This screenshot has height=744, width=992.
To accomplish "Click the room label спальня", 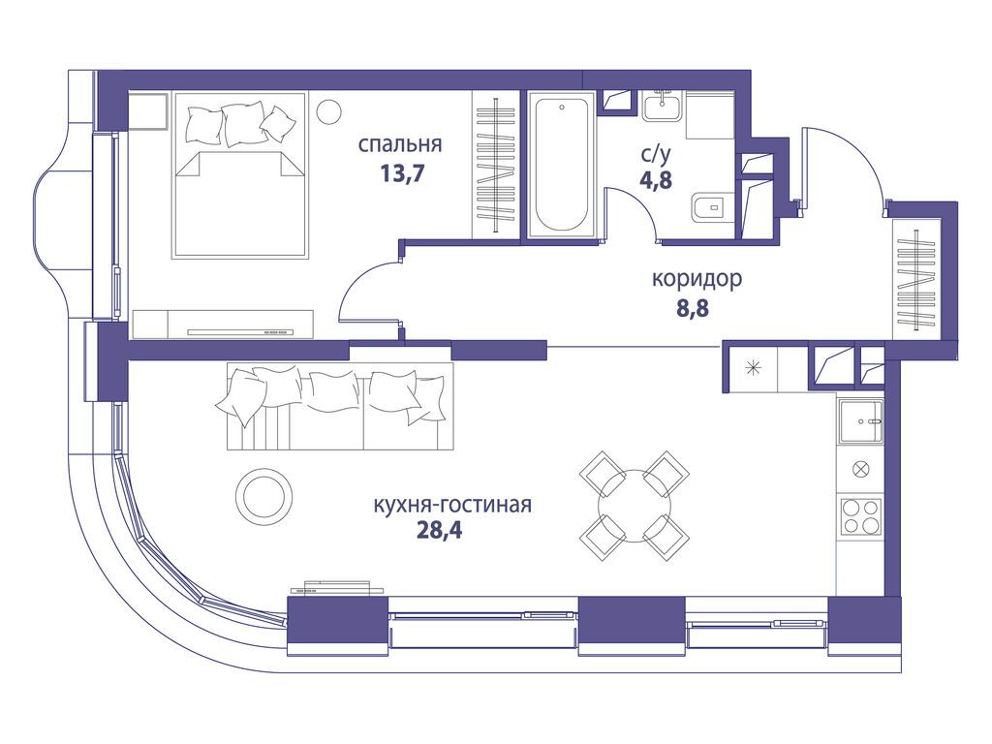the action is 400,145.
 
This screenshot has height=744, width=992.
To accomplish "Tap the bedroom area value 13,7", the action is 401,172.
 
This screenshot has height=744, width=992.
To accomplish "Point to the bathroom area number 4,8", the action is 656,179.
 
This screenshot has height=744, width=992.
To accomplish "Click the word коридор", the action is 697,279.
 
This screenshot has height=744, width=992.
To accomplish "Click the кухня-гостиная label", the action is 452,505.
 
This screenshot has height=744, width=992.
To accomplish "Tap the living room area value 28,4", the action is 439,530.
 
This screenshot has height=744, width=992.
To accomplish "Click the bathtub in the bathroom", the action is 562,166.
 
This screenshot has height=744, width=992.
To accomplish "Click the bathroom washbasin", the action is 663,106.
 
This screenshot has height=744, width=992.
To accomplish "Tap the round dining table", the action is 635,506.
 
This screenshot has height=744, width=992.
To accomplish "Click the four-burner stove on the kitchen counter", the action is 860,516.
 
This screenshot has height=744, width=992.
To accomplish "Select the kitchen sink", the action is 860,422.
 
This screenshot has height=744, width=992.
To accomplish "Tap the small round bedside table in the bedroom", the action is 329,111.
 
